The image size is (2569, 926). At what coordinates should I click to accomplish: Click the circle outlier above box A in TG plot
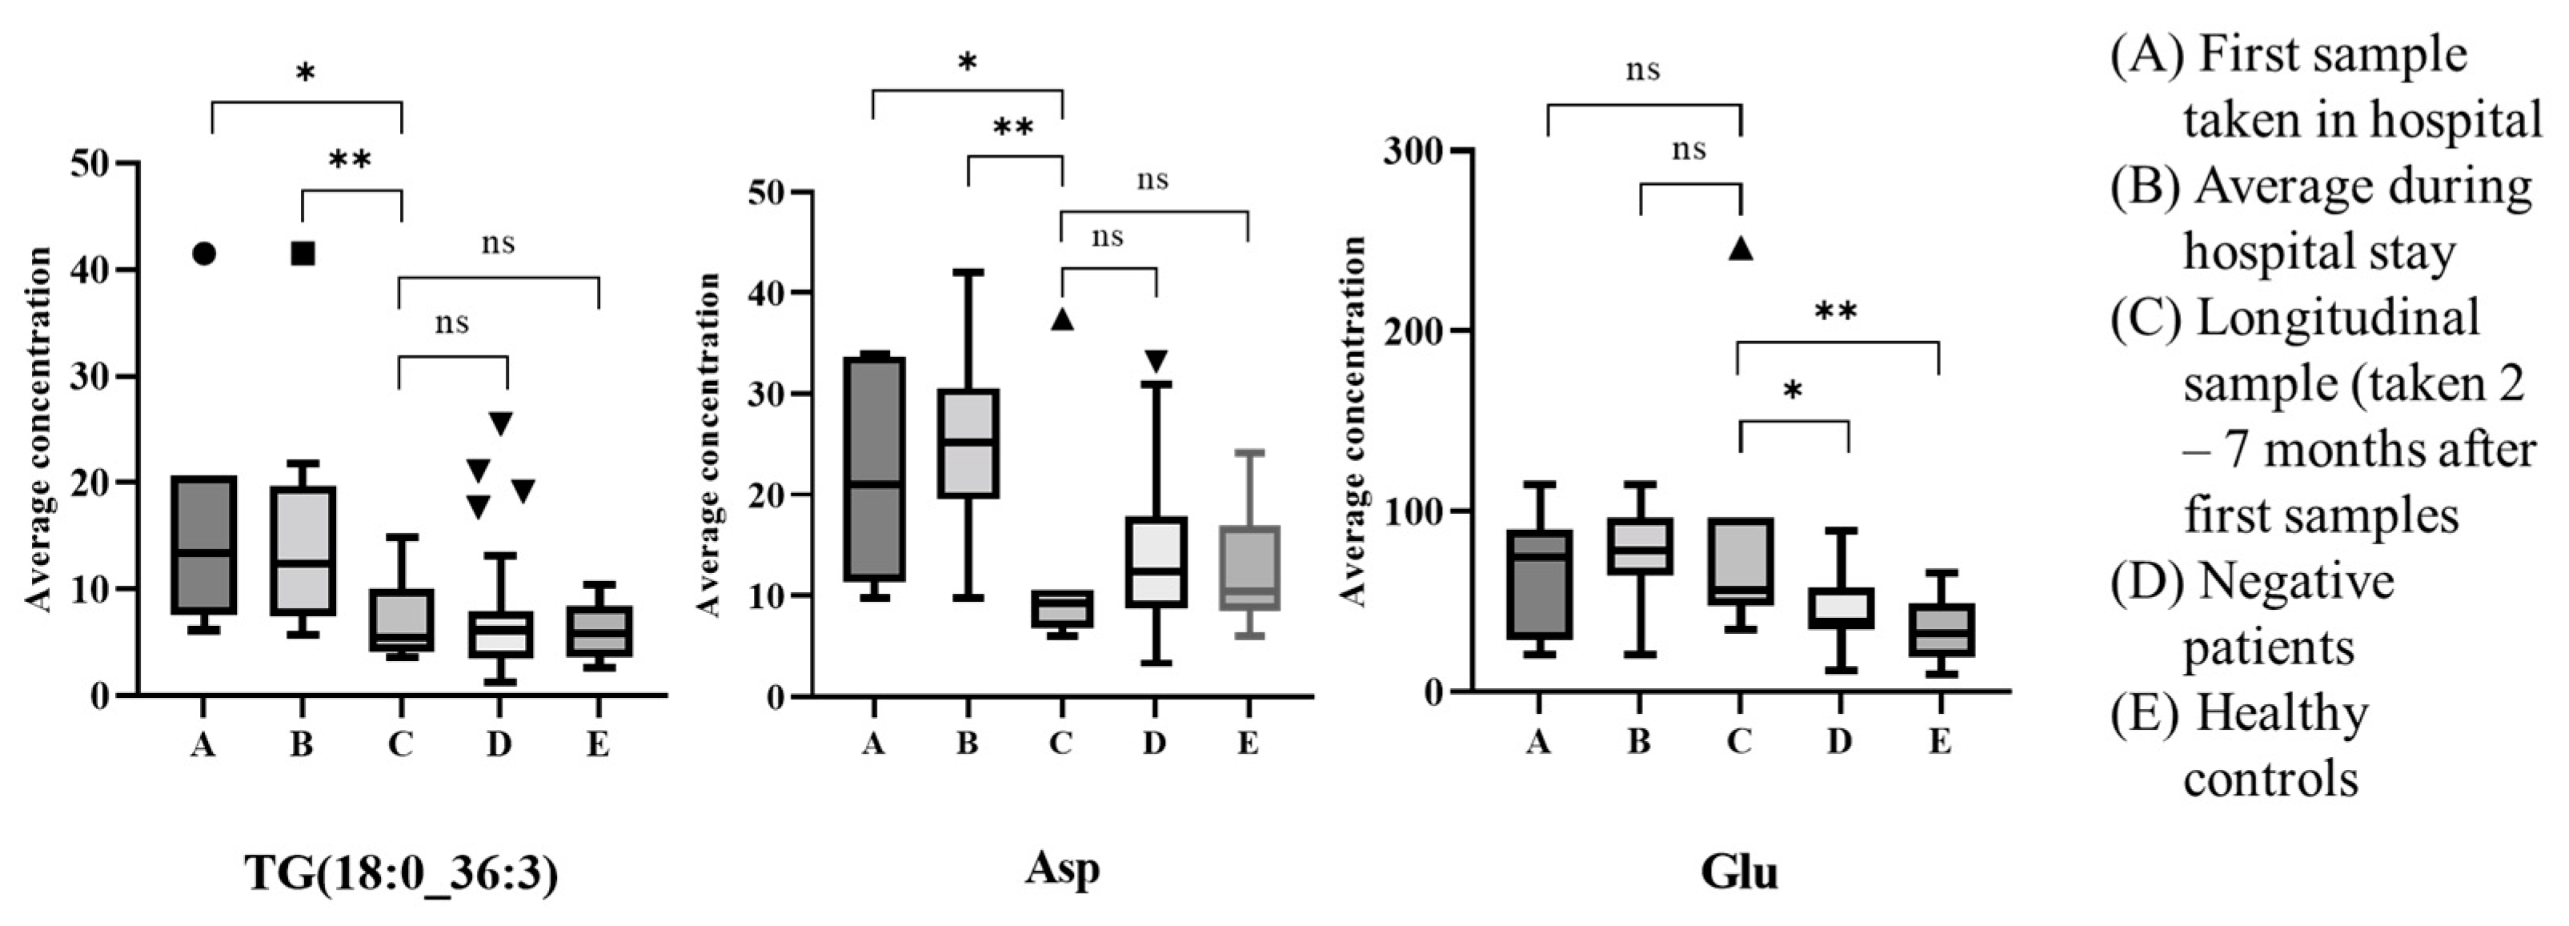(203, 254)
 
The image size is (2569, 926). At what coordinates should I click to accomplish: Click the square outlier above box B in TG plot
(303, 254)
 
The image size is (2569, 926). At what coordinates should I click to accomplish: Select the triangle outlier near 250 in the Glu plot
(1740, 248)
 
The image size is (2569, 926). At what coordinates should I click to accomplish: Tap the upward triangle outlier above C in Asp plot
(1062, 319)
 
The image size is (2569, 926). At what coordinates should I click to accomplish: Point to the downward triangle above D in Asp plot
(1155, 360)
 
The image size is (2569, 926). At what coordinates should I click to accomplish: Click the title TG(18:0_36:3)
(401, 873)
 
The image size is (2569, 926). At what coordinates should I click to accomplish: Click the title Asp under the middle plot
(1062, 868)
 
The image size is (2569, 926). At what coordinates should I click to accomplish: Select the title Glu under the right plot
(1738, 871)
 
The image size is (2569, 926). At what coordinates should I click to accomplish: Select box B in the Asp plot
(968, 442)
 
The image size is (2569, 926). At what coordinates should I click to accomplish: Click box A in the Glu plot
(1539, 583)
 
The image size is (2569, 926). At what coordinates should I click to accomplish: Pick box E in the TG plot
(599, 631)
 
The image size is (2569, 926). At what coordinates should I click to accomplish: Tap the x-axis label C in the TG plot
(400, 744)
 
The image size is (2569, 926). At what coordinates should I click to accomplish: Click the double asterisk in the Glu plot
(1836, 312)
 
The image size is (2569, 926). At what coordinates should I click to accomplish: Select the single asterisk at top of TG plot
(305, 73)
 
